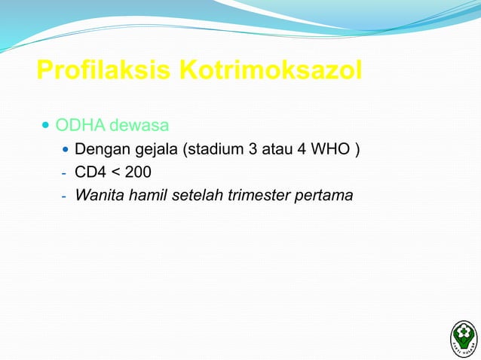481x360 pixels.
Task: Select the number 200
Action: click(139, 173)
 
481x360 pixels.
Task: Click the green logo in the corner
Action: click(463, 337)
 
